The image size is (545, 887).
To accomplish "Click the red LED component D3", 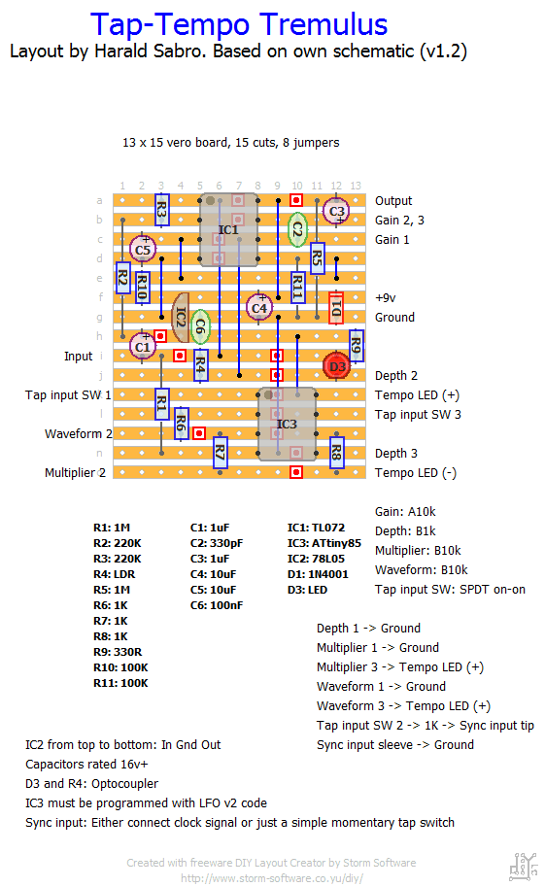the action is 337,366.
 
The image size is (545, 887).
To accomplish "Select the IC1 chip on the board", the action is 228,229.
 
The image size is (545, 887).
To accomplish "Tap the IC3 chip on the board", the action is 287,424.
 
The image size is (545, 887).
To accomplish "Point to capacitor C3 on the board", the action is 336,211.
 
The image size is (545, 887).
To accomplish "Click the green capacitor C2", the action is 297,229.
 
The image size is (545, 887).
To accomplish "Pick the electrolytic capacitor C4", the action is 259,308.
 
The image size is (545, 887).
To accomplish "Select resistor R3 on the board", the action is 162,210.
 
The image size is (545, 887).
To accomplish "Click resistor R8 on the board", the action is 337,453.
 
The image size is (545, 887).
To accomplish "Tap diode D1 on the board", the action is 336,308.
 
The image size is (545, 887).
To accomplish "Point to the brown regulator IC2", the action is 181,318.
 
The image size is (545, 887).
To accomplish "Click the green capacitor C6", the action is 200,327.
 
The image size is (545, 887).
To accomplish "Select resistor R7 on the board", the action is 221,453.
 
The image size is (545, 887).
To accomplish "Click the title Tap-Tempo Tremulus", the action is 239,24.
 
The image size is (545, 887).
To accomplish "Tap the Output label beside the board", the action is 393,201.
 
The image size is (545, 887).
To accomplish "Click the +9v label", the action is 386,297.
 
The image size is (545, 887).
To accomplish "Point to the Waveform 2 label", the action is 79,434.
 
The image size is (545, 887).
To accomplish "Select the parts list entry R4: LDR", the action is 115,574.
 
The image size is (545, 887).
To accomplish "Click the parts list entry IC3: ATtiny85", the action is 324,543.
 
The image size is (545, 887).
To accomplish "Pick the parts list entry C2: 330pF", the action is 217,543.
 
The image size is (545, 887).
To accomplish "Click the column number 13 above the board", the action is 356,186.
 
